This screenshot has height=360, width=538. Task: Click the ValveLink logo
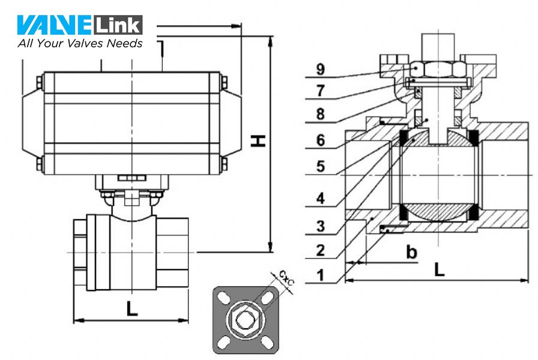point(80,25)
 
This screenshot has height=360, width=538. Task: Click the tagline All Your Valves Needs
point(80,43)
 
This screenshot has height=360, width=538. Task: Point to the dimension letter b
point(411,252)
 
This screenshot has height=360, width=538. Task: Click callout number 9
point(322,69)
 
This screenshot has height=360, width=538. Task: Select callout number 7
point(322,91)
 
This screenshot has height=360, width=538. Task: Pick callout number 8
point(322,114)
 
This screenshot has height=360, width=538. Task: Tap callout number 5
point(322,166)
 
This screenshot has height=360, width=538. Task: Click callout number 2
point(322,250)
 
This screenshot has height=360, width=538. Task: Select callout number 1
point(322,275)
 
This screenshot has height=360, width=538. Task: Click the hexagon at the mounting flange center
point(245,319)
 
